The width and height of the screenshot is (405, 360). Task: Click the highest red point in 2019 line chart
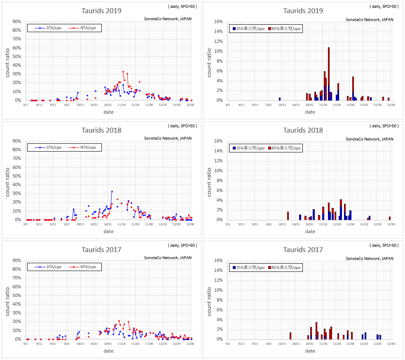[123, 72]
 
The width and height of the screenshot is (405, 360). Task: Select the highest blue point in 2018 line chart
[112, 192]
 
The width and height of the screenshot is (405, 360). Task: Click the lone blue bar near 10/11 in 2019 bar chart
[280, 99]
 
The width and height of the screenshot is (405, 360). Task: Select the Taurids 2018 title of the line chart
[101, 130]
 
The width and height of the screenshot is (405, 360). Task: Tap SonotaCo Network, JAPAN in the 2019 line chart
[168, 19]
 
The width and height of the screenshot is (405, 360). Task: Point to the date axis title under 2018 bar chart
[310, 231]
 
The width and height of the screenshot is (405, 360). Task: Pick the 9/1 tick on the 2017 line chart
[26, 344]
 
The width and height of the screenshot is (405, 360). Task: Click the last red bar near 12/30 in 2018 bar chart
[390, 218]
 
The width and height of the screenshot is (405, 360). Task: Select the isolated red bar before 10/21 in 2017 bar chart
[290, 336]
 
